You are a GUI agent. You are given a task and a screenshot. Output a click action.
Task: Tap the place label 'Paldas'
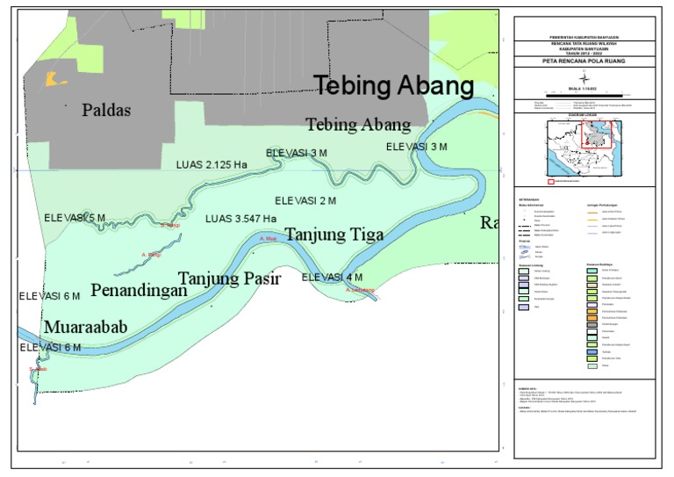pos(106,110)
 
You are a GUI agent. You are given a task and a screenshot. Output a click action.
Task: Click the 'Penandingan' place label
pos(139,289)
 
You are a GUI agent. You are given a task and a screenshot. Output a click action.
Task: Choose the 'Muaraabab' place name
pos(86,327)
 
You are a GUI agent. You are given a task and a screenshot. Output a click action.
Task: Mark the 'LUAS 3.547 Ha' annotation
pos(240,219)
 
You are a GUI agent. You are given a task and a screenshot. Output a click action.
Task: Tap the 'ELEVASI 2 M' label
pos(305,201)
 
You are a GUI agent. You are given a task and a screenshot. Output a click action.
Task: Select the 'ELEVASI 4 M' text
pos(332,278)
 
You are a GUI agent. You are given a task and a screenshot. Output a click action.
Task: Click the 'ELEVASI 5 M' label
pos(75,217)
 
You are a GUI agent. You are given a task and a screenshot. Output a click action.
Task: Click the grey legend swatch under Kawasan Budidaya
pos(592,324)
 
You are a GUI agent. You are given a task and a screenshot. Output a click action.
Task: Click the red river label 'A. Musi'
pos(269,238)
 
